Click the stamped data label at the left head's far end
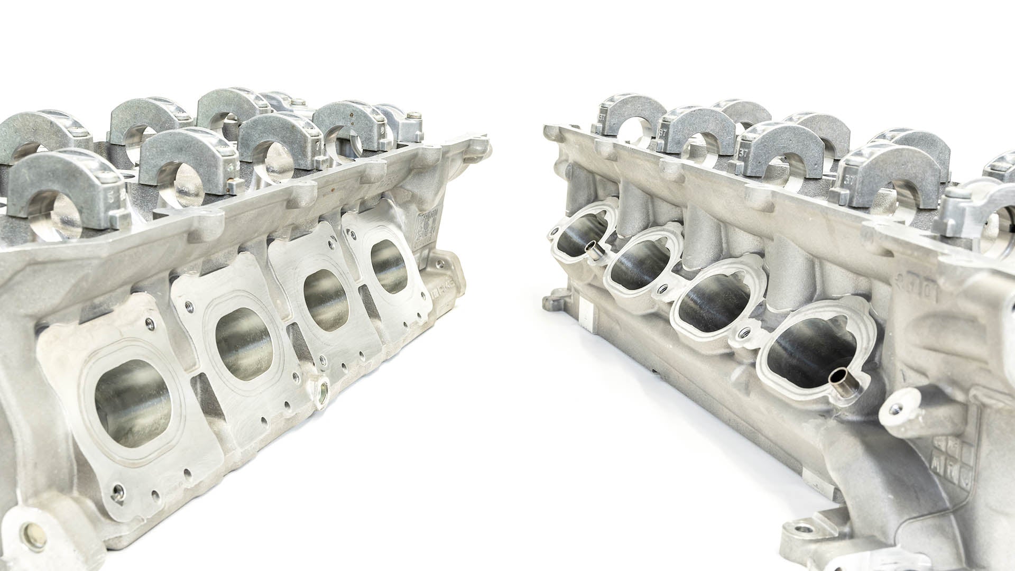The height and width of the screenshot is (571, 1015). coord(426,230)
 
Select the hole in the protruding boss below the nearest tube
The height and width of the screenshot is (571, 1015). coord(893,408)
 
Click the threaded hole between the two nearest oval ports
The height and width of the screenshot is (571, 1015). coord(745,332)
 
